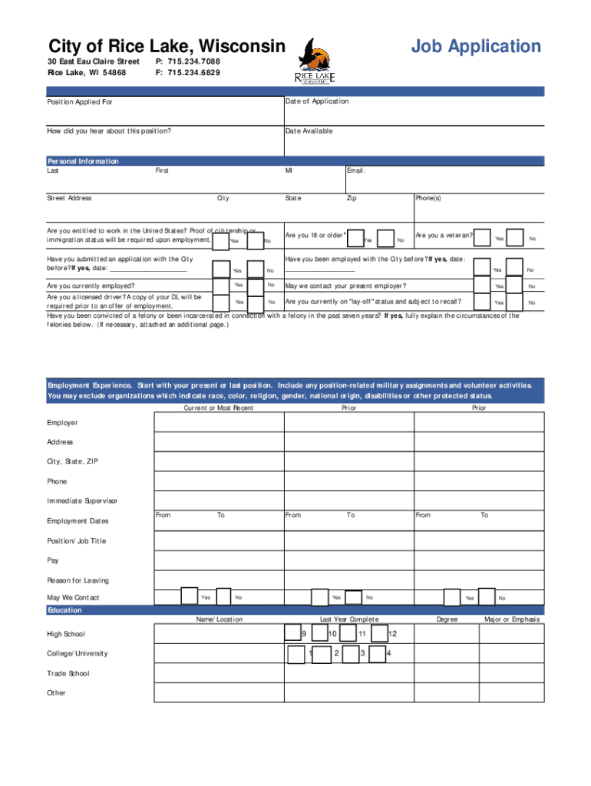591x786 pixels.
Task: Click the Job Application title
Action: (476, 47)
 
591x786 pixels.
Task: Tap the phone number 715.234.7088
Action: (187, 61)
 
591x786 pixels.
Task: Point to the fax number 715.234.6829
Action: (187, 73)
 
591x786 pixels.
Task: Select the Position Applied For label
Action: (80, 102)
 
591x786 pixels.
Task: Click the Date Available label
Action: (309, 131)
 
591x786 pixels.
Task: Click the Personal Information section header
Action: (83, 161)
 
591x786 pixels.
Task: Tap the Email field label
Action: (356, 171)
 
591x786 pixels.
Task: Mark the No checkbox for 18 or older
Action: (388, 239)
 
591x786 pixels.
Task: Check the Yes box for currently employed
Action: (221, 286)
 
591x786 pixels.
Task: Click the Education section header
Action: (64, 610)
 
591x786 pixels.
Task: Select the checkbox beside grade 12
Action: (378, 633)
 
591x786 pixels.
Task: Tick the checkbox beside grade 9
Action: (292, 632)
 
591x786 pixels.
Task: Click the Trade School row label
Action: (68, 673)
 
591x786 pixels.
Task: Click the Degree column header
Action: (447, 619)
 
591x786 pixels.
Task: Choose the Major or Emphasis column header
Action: (512, 619)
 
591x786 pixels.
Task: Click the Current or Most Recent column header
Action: (219, 408)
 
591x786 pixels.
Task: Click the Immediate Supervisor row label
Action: (82, 501)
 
